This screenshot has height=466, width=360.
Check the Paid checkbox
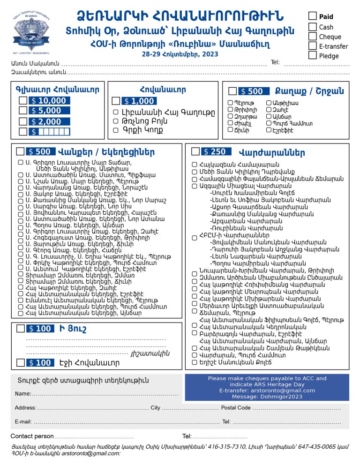[313, 16]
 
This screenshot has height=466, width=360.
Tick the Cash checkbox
[313, 26]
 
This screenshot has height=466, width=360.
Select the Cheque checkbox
[313, 36]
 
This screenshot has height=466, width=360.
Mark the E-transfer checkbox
[313, 45]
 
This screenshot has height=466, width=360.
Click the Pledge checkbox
[313, 55]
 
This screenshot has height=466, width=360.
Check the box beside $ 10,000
[22, 100]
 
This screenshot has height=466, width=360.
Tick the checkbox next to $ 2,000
[22, 121]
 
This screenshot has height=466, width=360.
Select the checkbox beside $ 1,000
[116, 101]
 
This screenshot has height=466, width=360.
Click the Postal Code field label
[236, 408]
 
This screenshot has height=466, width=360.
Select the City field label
[155, 408]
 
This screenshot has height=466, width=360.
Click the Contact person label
[32, 436]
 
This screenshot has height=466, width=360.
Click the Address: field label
[25, 408]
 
